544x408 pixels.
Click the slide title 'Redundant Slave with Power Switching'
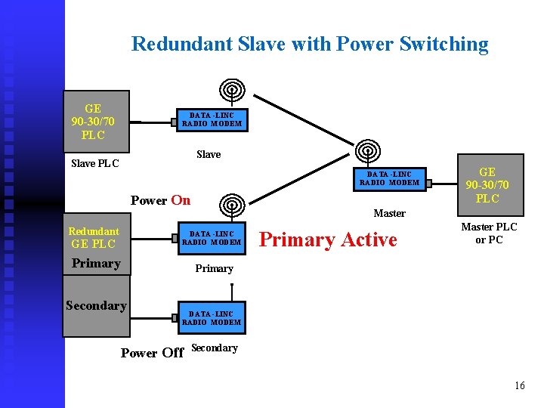[310, 44]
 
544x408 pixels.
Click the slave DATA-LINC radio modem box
[212, 119]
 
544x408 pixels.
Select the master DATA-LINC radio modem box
[389, 178]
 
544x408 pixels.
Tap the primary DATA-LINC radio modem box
[212, 239]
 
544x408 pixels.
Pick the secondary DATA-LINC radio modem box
[212, 318]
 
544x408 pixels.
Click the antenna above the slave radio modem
[232, 91]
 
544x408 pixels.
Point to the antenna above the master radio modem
[368, 150]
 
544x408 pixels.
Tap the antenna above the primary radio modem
[232, 205]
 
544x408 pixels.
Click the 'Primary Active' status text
[327, 240]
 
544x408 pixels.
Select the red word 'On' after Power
[181, 200]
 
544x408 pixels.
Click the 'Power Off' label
[152, 353]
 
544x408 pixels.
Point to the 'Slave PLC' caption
[94, 163]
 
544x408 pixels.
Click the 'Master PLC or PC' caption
[489, 233]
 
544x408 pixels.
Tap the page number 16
[519, 386]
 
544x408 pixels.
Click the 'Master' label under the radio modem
[389, 213]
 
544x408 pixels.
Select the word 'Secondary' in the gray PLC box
[96, 305]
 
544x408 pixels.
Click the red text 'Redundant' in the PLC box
[94, 231]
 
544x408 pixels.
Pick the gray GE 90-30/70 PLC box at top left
[93, 122]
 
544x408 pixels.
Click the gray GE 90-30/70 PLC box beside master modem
[487, 185]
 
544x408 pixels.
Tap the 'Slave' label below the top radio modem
[209, 154]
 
